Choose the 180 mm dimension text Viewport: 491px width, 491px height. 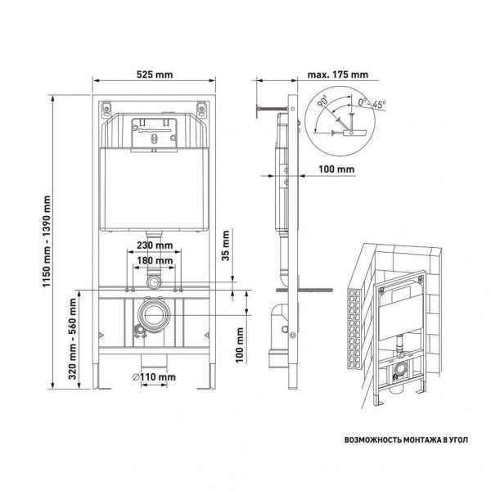click(154, 260)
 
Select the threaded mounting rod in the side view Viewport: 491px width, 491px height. click(309, 289)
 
